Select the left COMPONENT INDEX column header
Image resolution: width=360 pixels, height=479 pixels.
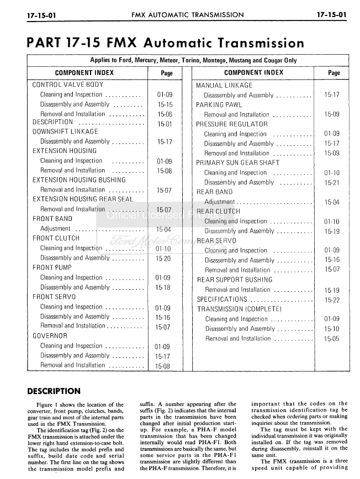[x=84, y=72]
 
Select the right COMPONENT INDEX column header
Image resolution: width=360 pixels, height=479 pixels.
[x=253, y=72]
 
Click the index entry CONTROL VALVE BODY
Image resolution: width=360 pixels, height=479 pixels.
[x=68, y=85]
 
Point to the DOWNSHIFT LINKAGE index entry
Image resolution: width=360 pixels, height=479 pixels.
[x=65, y=131]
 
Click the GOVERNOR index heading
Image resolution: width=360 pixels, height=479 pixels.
[x=50, y=336]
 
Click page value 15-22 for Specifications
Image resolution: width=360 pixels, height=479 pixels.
[x=332, y=299]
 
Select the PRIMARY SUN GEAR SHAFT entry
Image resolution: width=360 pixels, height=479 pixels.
[x=238, y=163]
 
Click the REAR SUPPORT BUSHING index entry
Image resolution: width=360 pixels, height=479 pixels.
[x=235, y=280]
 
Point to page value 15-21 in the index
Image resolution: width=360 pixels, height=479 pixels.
[x=332, y=182]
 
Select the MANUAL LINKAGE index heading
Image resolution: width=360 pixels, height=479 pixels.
[x=224, y=85]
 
